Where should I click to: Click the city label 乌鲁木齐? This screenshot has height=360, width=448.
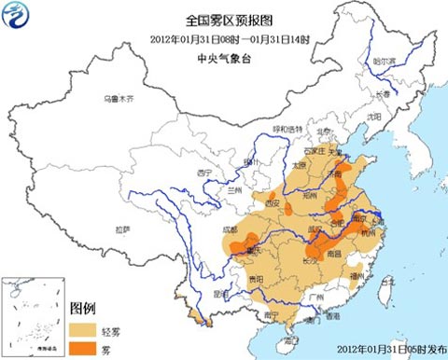(120, 98)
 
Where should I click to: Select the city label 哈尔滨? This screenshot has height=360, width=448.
(385, 61)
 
